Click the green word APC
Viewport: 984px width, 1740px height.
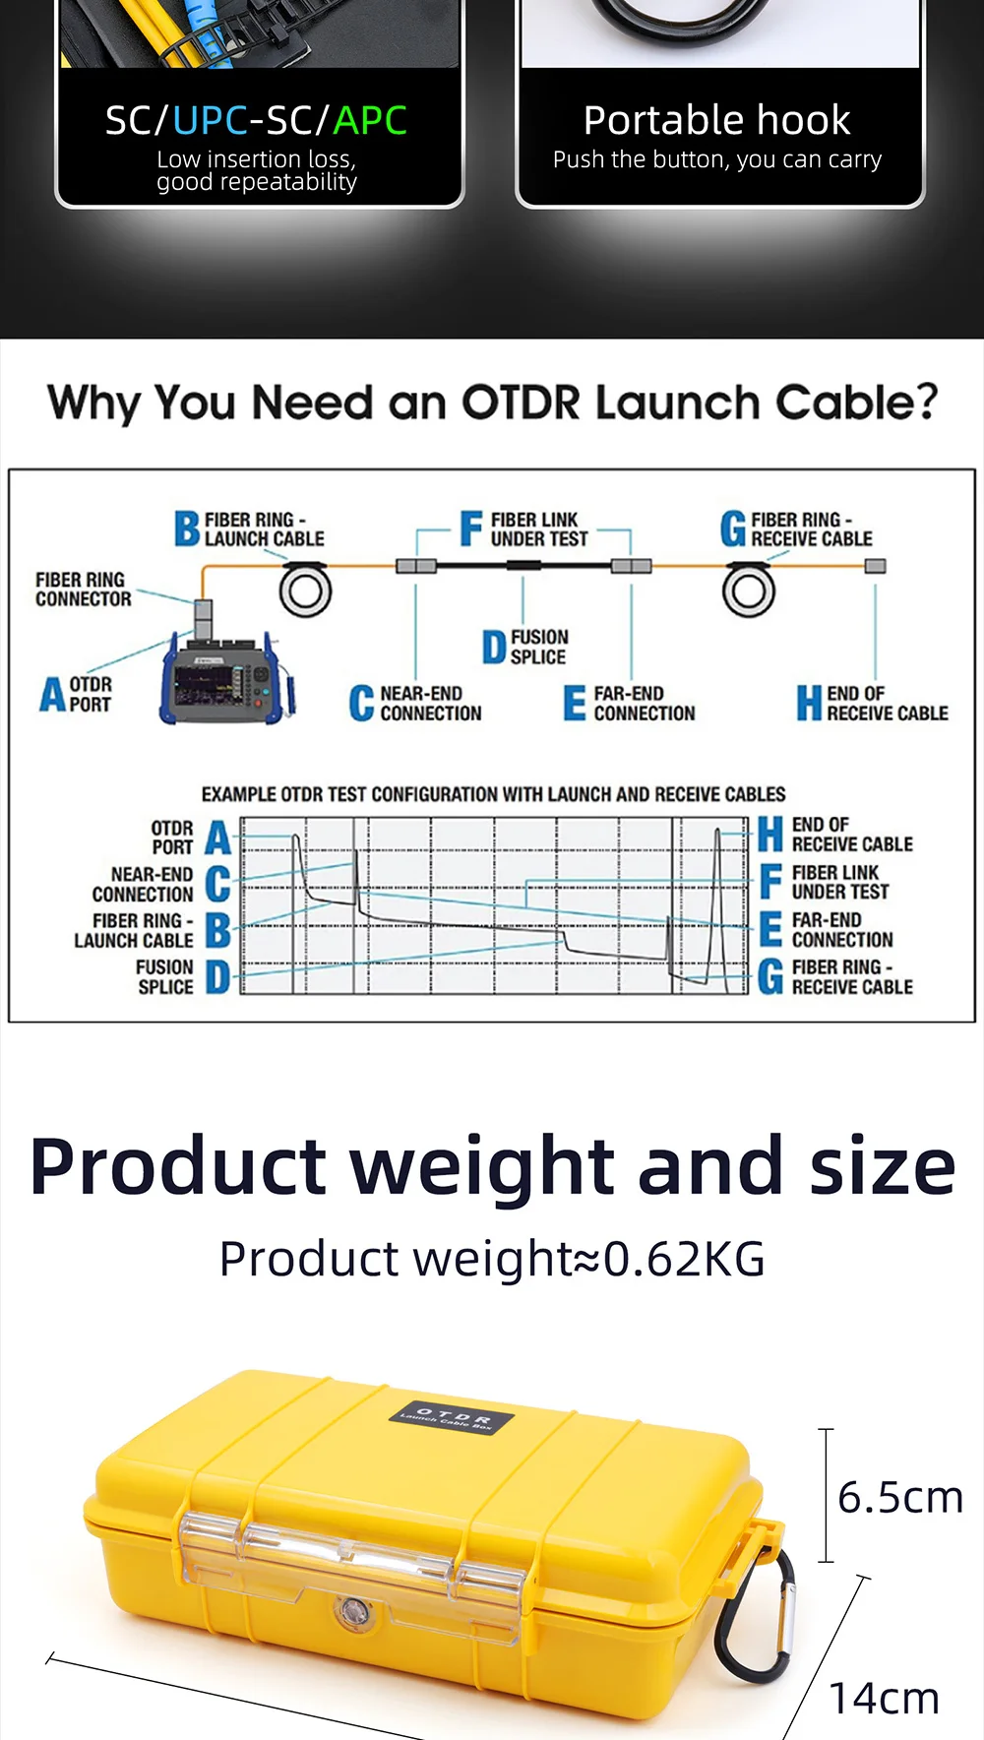[370, 120]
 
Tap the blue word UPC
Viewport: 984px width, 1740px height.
[210, 120]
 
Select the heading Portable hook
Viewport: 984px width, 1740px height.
[716, 120]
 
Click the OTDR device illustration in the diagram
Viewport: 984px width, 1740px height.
[224, 678]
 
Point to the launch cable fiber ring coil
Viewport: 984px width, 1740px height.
[305, 590]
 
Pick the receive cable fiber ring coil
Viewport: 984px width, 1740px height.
[749, 590]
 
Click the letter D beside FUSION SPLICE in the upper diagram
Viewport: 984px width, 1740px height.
[494, 648]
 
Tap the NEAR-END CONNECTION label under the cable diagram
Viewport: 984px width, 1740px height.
[430, 704]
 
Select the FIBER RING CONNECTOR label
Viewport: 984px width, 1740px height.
[83, 590]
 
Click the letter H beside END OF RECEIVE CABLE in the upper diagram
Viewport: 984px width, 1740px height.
[809, 704]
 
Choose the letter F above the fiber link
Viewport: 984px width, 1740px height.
[471, 528]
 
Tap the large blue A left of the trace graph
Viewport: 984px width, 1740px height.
[217, 839]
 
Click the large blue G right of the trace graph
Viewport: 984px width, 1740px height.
[770, 977]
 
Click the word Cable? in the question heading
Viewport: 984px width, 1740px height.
[856, 403]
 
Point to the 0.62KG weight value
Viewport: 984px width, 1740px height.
[684, 1259]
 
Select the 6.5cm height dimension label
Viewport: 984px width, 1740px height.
[899, 1497]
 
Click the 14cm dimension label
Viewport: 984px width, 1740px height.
[884, 1698]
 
